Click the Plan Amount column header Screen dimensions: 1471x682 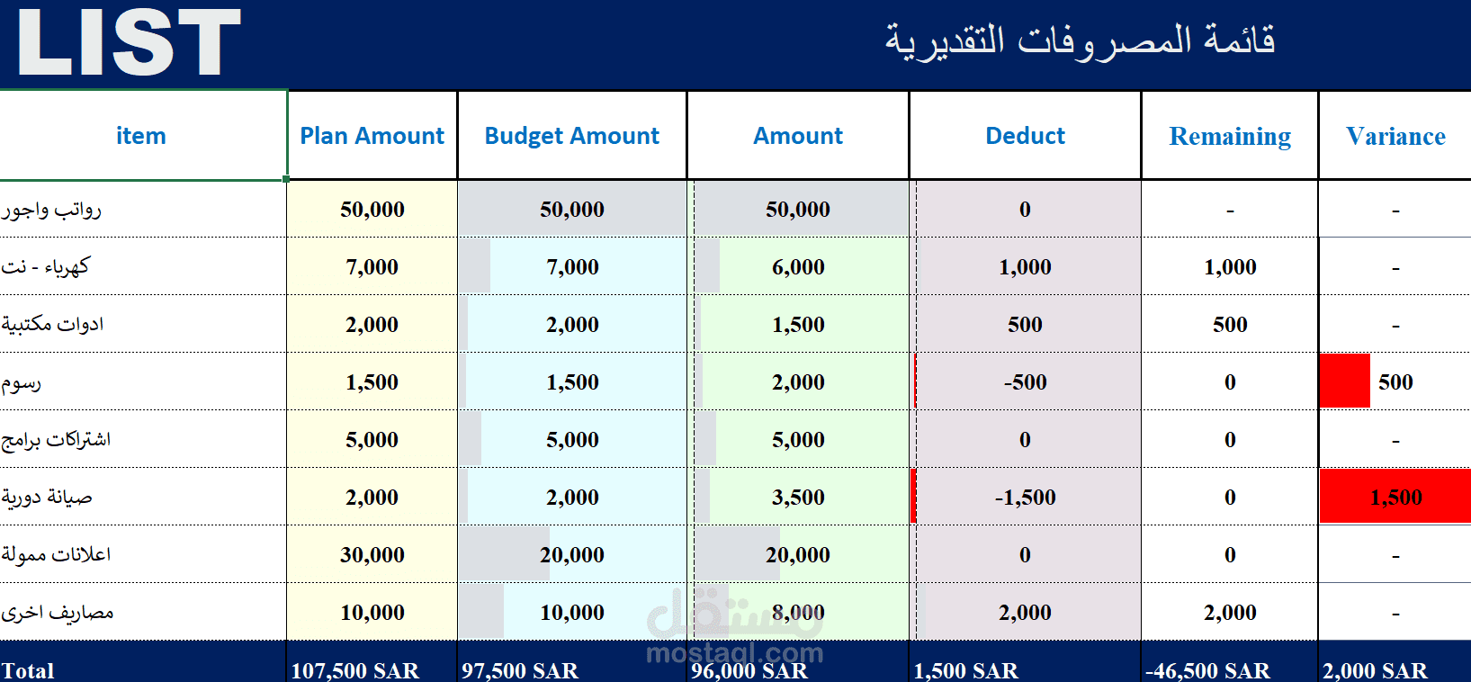pos(372,135)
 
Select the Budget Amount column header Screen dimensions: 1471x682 pos(571,135)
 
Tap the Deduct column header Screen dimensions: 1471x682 pos(1025,135)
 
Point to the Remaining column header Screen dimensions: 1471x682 pos(1229,136)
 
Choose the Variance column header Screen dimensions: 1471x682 pos(1395,136)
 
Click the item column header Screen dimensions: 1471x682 pos(141,135)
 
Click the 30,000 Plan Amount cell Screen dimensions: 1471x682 pos(372,554)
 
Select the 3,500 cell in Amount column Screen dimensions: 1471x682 pos(798,498)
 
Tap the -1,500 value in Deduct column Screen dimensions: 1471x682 pos(1025,498)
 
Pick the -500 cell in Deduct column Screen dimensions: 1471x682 pos(1025,381)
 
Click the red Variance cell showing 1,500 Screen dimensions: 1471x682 pos(1395,497)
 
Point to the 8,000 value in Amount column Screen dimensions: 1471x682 pos(798,613)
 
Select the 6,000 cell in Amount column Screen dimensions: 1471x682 pos(798,266)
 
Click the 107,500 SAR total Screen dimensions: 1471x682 pos(354,670)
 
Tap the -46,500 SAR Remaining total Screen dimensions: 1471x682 pos(1207,670)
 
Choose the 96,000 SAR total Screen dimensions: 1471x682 pos(749,670)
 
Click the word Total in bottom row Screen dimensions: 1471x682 pos(28,671)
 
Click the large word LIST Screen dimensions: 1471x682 pos(129,42)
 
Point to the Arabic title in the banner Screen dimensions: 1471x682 pos(1081,40)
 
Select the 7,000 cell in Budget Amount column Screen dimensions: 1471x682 pos(572,266)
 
